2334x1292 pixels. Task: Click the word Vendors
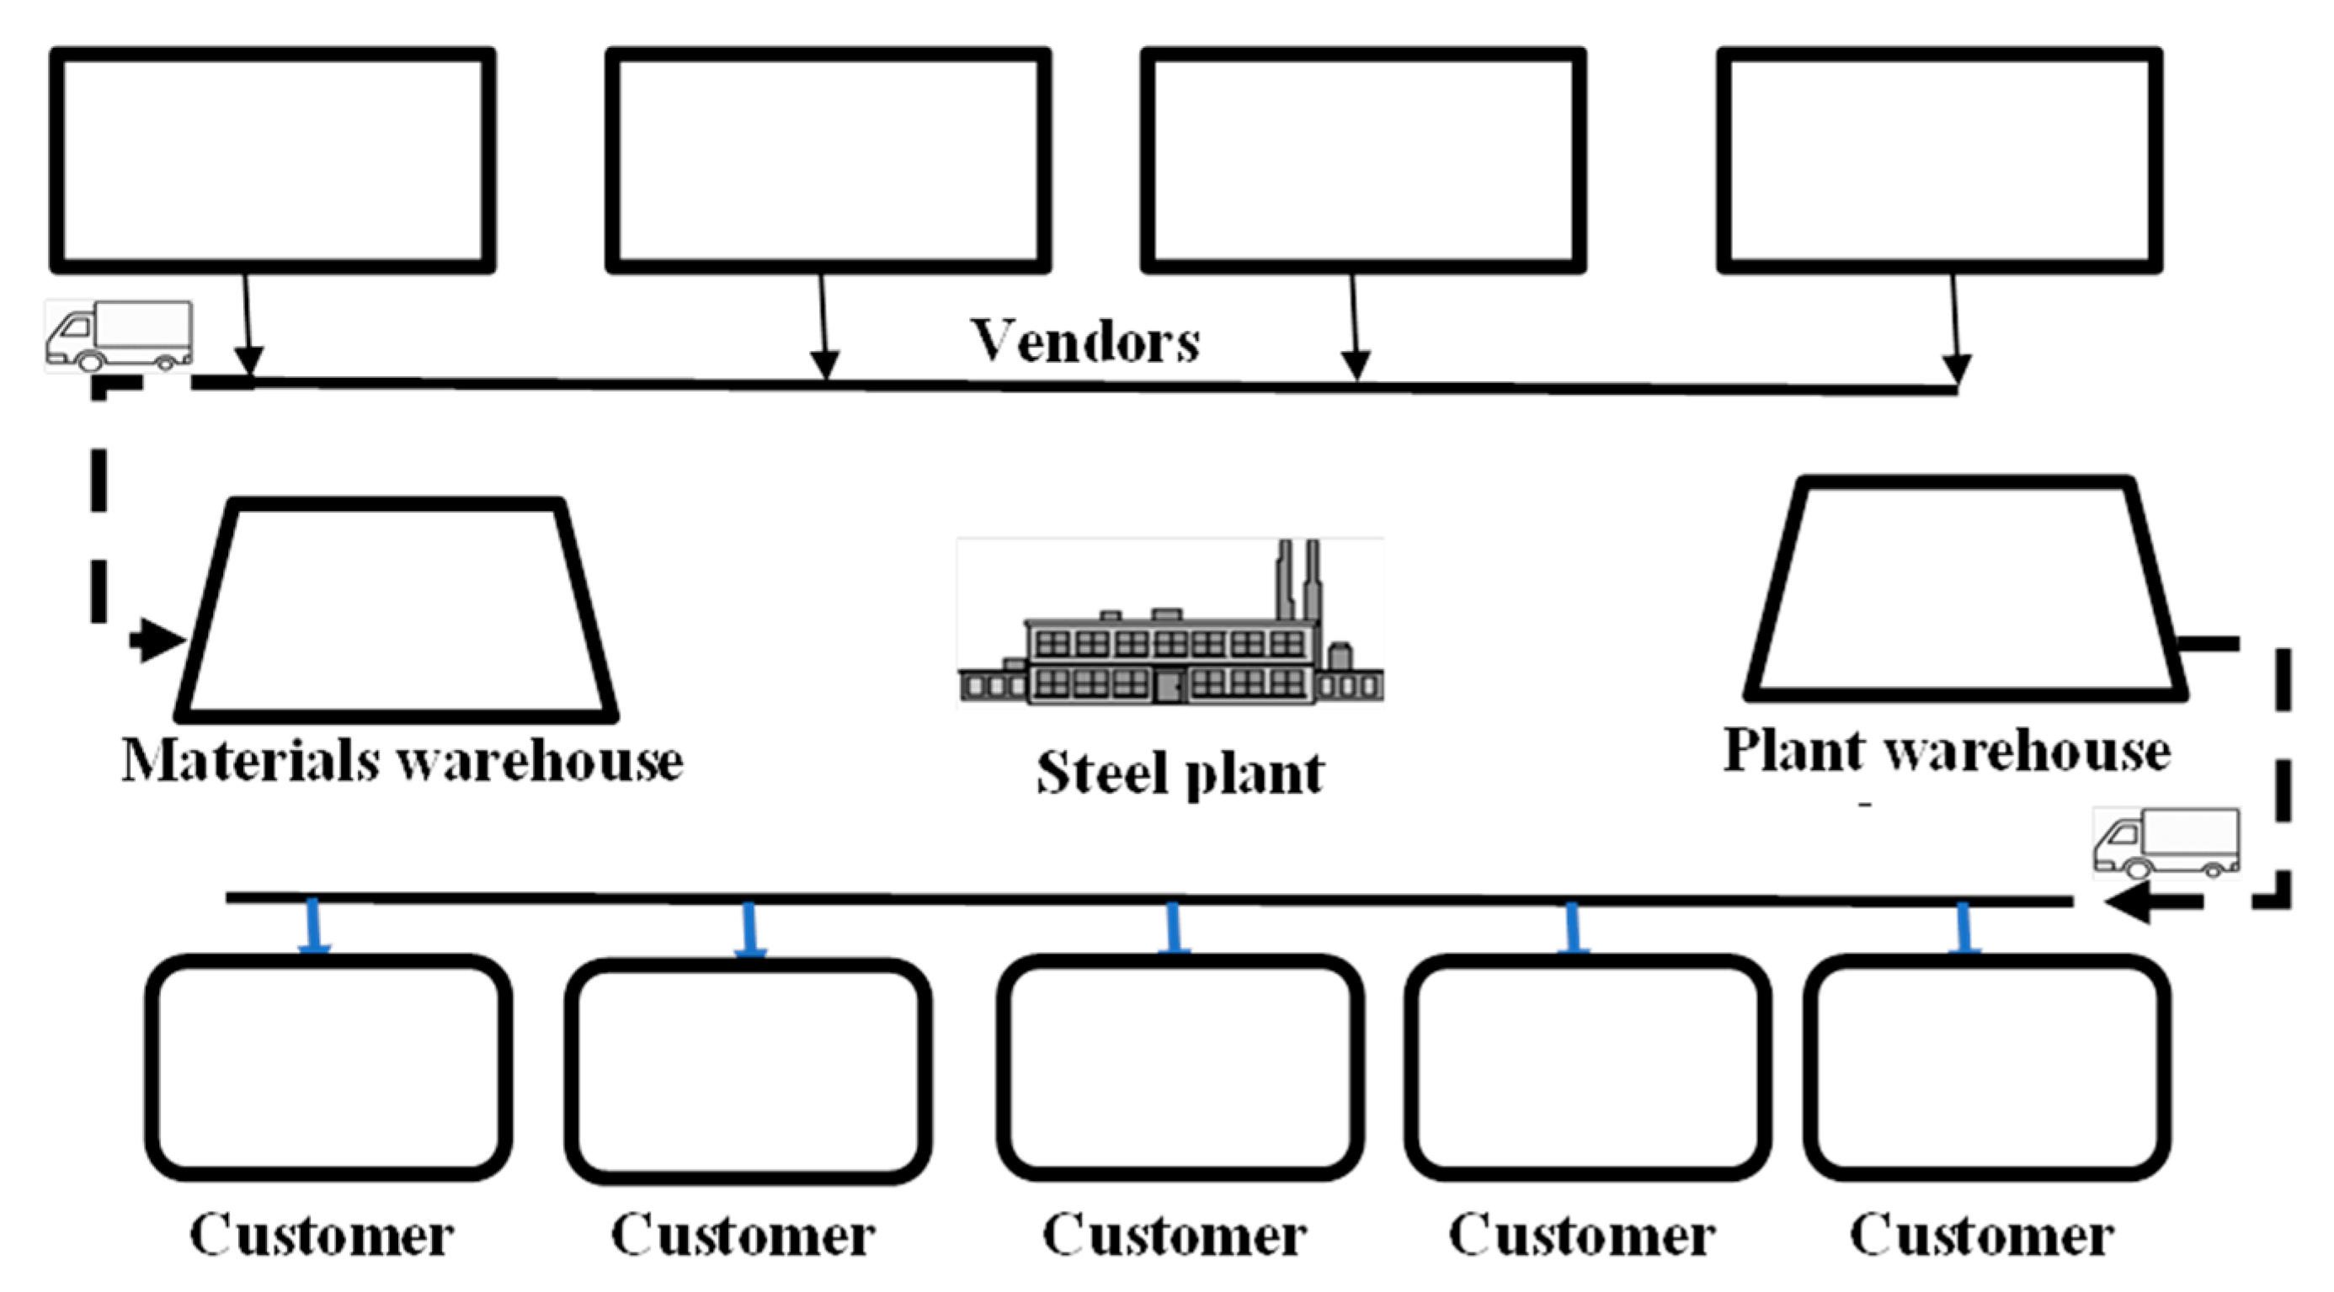click(x=1084, y=343)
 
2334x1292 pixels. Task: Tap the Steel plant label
click(x=1180, y=773)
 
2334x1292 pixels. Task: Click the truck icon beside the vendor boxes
click(x=119, y=336)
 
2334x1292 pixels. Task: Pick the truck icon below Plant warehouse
click(x=2166, y=843)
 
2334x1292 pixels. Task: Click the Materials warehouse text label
click(x=402, y=760)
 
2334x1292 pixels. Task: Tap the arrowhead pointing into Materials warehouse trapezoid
click(x=162, y=641)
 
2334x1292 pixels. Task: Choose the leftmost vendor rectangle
click(x=272, y=161)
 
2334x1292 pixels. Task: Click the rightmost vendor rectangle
click(x=1939, y=161)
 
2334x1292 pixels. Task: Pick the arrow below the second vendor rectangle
click(x=823, y=327)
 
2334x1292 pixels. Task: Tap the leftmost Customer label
click(x=321, y=1235)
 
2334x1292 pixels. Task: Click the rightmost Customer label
click(x=1981, y=1235)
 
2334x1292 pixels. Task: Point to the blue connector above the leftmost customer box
click(x=314, y=926)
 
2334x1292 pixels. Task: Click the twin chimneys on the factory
click(x=1298, y=580)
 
